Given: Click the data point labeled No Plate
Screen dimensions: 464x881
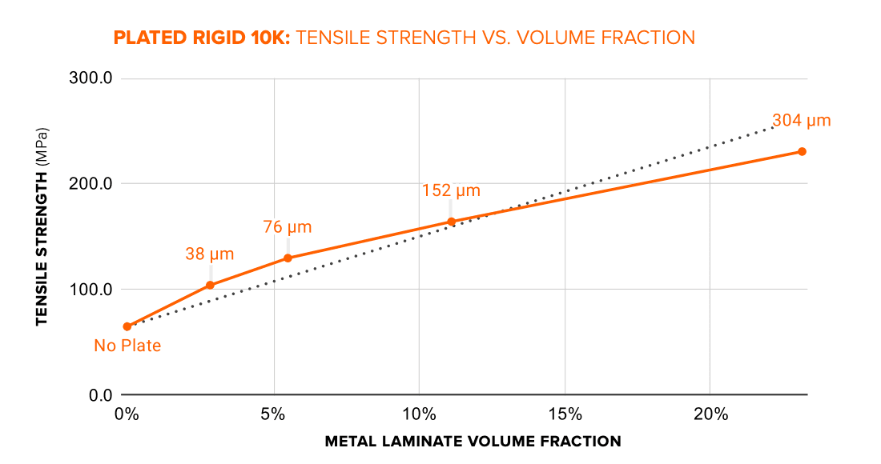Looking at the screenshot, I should [127, 326].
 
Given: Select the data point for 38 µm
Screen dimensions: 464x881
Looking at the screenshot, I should [210, 285].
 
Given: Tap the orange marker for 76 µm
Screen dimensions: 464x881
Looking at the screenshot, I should [288, 258].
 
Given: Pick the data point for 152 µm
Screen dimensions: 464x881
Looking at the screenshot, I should [451, 222].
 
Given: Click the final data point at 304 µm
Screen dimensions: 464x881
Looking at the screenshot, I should [802, 151].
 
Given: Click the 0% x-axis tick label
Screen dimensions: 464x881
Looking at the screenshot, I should [126, 414].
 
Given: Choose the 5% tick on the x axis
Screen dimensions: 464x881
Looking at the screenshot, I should [273, 414].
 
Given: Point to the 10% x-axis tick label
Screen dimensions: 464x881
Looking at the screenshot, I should [419, 414].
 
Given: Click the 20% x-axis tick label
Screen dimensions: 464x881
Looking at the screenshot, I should [710, 414].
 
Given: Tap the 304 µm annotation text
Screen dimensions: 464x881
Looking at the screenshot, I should [801, 121].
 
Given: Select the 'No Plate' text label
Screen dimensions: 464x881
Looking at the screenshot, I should [127, 346].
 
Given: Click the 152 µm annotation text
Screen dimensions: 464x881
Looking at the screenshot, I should [451, 190].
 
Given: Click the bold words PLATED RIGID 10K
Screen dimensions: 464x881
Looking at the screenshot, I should [202, 38].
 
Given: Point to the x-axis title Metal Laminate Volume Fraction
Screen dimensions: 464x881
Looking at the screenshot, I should [473, 442].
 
